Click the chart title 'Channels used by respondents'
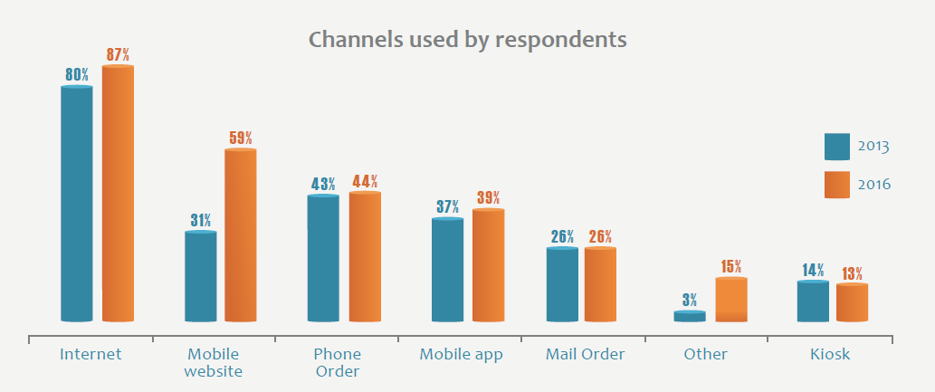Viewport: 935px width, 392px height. (x=468, y=40)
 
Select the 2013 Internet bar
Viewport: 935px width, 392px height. (x=76, y=204)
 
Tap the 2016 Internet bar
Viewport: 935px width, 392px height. (x=118, y=194)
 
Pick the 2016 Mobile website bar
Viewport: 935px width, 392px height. (x=241, y=235)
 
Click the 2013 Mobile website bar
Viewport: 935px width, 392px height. (x=200, y=276)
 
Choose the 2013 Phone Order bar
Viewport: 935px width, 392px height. (x=323, y=258)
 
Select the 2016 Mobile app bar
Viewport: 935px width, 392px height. (x=488, y=265)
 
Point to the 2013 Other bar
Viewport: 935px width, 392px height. (x=690, y=316)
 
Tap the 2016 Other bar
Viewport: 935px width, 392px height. (x=731, y=300)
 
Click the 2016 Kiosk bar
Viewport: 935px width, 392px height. (x=852, y=302)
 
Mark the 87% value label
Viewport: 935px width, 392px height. (x=118, y=55)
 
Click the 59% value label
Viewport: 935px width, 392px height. (x=241, y=139)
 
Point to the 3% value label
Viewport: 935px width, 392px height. (x=690, y=300)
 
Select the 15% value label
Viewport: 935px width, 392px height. (x=731, y=267)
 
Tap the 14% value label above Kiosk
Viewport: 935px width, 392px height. (x=813, y=270)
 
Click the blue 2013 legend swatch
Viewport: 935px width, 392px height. (x=837, y=146)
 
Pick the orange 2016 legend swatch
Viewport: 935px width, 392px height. (x=837, y=184)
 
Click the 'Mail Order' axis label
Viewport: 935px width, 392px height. (x=585, y=354)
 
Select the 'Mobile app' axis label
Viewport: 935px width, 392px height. (x=461, y=354)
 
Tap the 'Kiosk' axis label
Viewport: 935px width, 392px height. (x=830, y=354)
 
